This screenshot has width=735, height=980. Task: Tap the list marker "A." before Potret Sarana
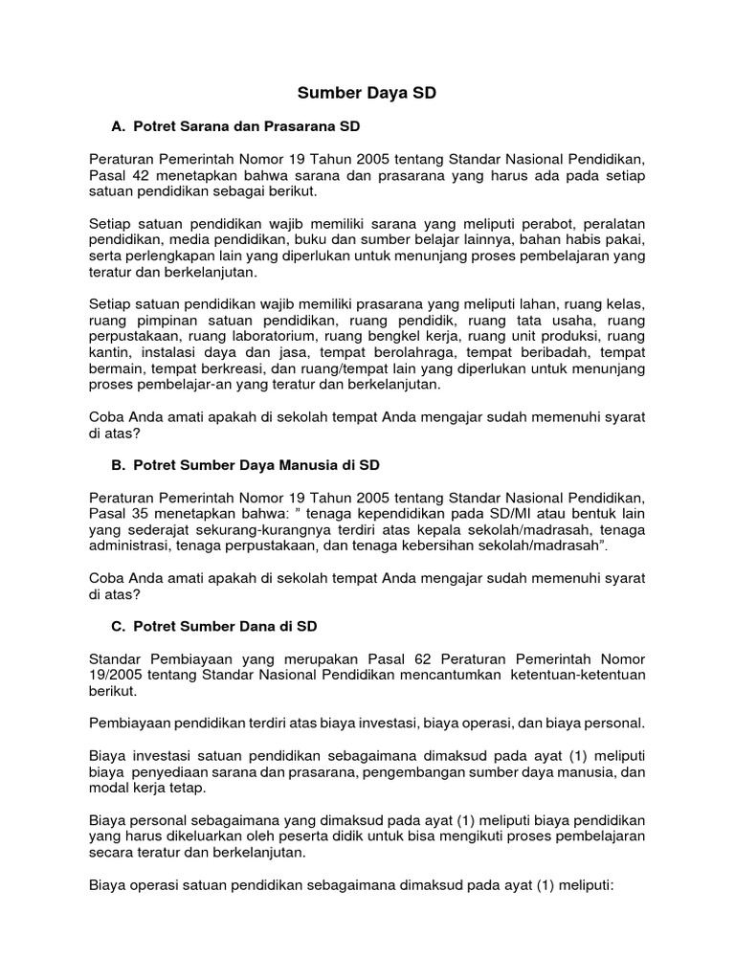pyautogui.click(x=120, y=126)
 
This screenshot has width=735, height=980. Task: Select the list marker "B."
pyautogui.click(x=120, y=465)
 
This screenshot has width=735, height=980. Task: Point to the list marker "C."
pyautogui.click(x=120, y=627)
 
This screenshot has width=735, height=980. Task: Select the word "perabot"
pyautogui.click(x=529, y=224)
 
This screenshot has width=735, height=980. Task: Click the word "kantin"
pyautogui.click(x=107, y=353)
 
